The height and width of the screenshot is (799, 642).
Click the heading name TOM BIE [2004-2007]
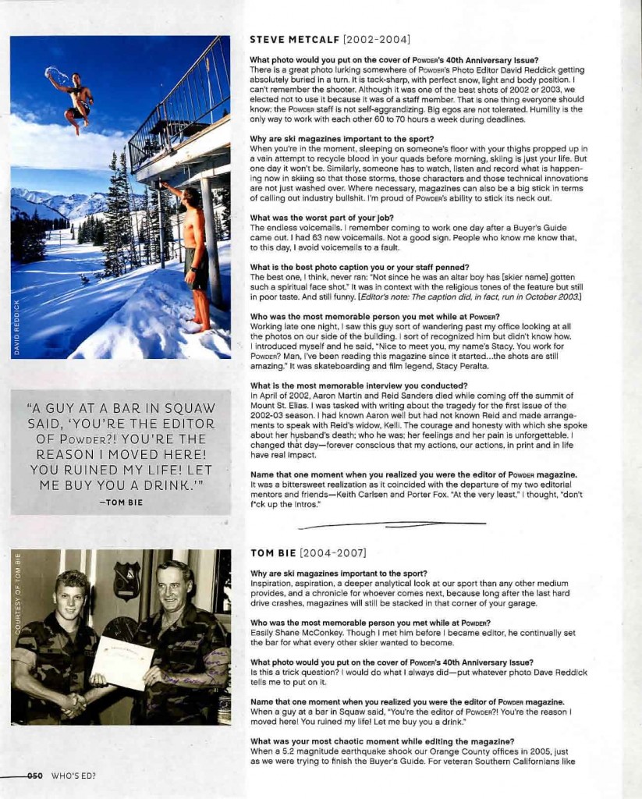pyautogui.click(x=308, y=553)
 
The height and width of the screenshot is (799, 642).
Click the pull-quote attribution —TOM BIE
pyautogui.click(x=121, y=502)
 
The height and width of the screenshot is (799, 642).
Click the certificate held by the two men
pyautogui.click(x=122, y=662)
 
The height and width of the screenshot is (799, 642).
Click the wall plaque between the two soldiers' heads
pyautogui.click(x=126, y=582)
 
